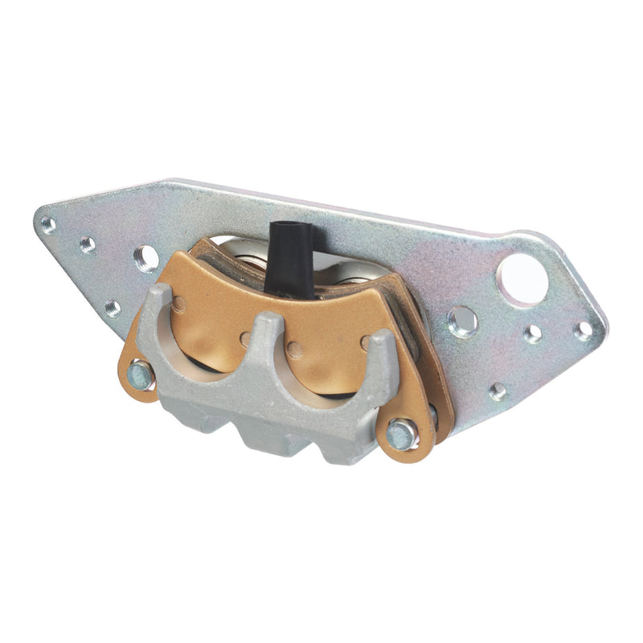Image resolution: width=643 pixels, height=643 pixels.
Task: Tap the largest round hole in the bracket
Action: [522, 279]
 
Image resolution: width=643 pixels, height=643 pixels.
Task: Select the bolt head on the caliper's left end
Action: [141, 374]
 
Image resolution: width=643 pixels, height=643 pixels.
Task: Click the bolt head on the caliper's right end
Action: [401, 435]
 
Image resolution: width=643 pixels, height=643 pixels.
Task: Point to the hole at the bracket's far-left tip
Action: [48, 224]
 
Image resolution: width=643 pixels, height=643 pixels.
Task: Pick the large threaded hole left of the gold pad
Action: [145, 258]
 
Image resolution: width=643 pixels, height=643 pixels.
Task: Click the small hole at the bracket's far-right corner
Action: [584, 330]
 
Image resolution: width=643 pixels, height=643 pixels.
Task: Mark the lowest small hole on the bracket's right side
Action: [498, 391]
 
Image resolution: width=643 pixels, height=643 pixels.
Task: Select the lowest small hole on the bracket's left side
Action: [113, 308]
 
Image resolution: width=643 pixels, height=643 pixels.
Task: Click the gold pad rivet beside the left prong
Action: [178, 304]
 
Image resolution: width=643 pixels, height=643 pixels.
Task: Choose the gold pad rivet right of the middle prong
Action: [295, 350]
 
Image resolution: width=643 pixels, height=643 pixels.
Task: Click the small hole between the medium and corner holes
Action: [532, 334]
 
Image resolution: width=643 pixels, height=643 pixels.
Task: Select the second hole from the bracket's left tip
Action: [88, 244]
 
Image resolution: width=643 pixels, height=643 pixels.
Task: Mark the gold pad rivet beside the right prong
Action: [367, 344]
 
